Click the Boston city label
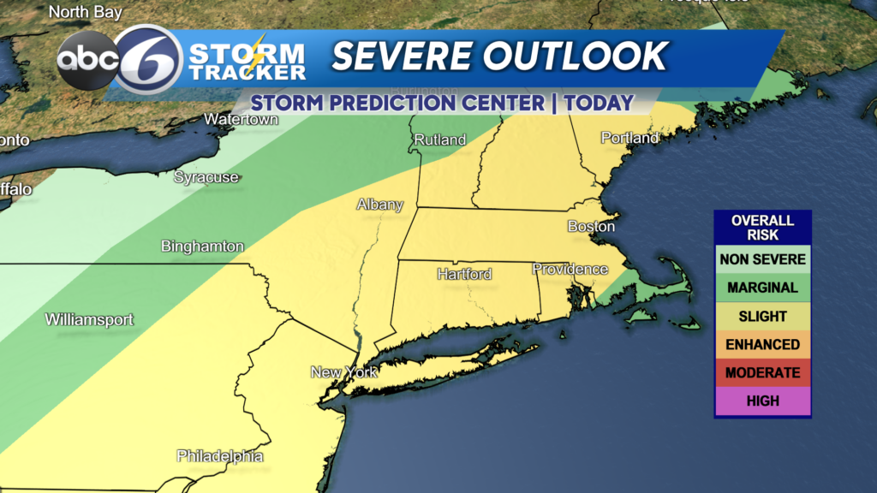591,227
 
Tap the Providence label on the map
570,270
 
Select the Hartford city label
464,275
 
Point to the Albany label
379,205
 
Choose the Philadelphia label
220,456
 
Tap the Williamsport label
89,320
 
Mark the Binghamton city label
202,246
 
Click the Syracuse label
206,177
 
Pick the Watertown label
241,120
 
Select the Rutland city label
439,140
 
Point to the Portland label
629,138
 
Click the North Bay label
85,12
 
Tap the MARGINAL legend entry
762,288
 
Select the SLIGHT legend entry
762,317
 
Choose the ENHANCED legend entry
762,345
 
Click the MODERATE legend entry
762,373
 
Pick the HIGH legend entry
762,401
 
